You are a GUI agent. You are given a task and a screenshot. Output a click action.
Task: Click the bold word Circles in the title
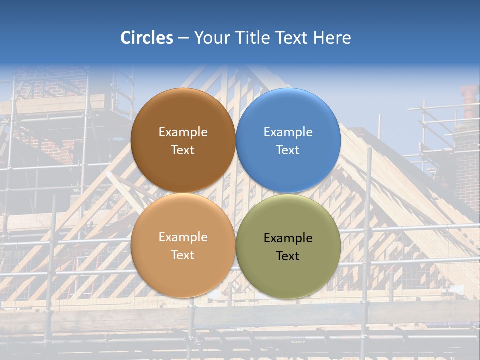tap(146, 38)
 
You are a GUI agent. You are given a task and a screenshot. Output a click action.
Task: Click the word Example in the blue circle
tap(288, 132)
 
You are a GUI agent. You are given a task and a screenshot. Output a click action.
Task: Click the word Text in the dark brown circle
tap(183, 150)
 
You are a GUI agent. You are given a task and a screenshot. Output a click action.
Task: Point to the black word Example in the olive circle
tap(288, 238)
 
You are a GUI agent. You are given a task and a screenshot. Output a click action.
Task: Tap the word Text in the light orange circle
tap(183, 255)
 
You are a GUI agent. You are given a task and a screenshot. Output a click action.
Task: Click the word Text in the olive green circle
tap(288, 256)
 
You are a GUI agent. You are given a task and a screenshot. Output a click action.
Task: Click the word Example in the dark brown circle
tap(183, 132)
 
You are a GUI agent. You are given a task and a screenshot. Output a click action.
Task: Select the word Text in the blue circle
tap(288, 150)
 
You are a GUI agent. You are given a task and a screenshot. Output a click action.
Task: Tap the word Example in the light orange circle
tap(183, 237)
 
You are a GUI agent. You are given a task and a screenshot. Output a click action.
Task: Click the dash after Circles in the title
tap(183, 38)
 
